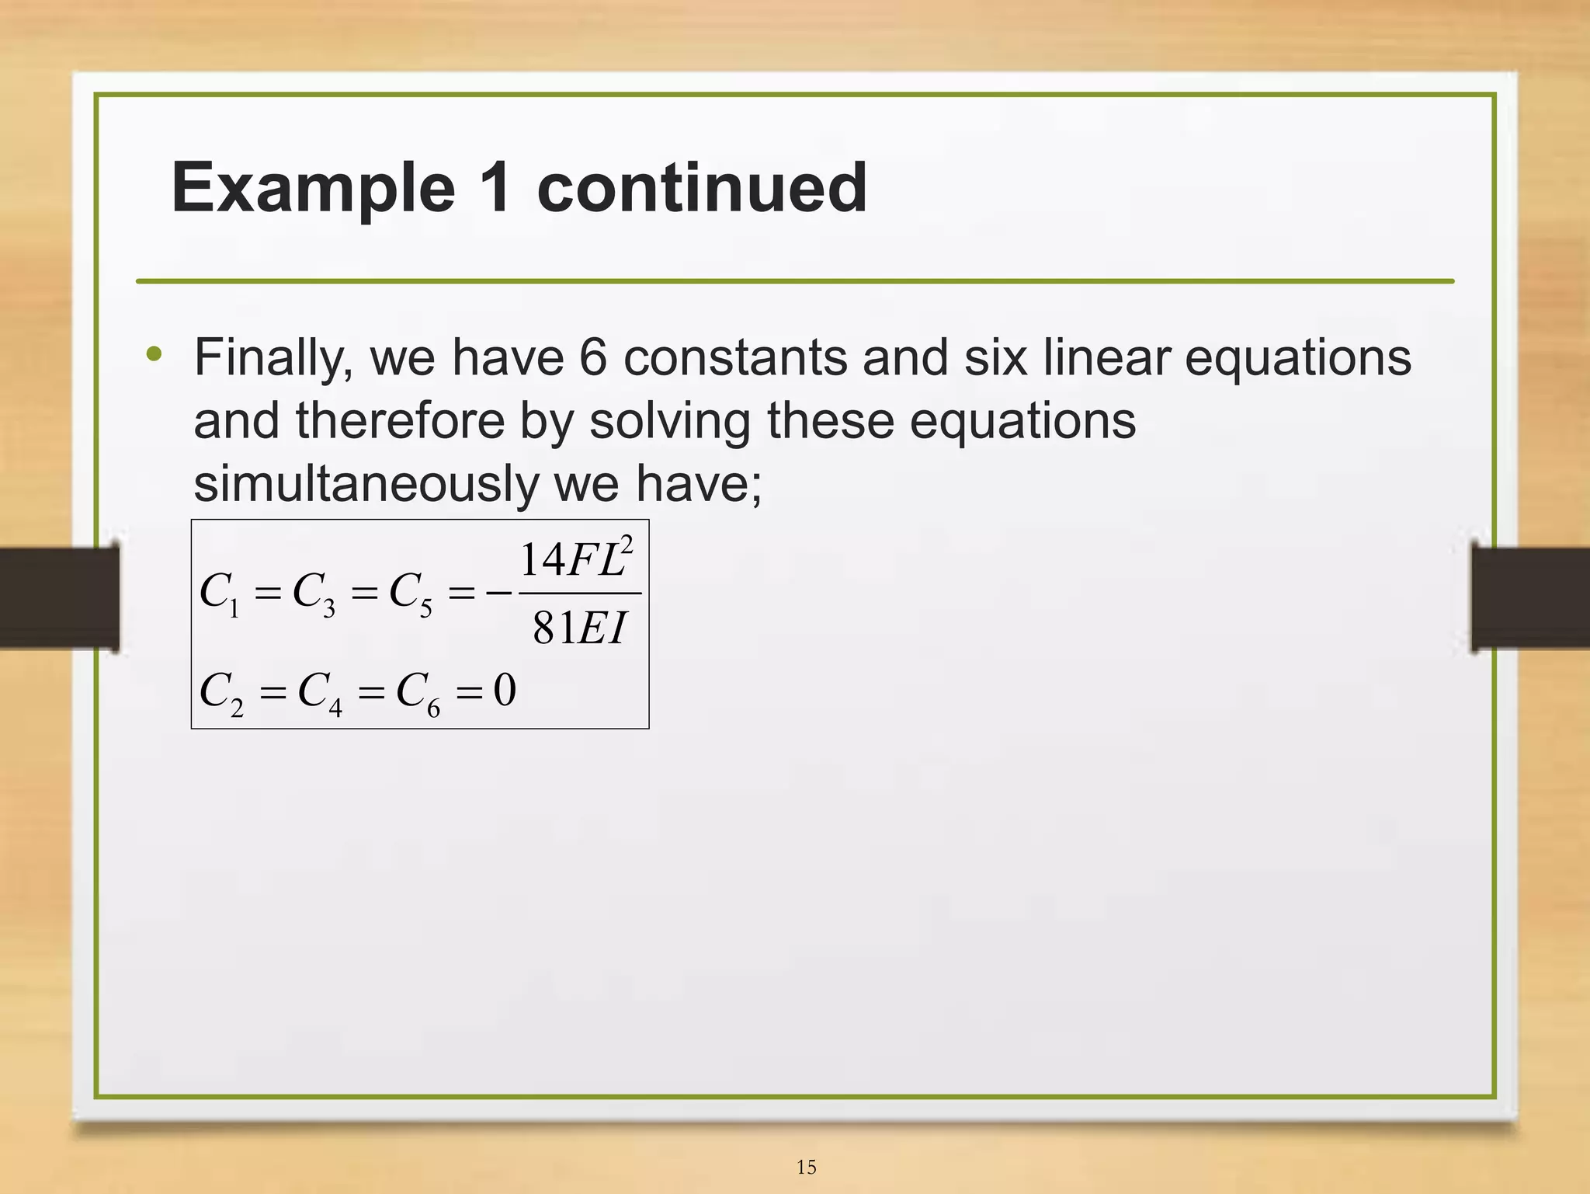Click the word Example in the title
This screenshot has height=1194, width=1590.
pos(313,188)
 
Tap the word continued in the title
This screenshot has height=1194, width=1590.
pos(702,188)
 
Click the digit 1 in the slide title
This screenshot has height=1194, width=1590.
pos(495,188)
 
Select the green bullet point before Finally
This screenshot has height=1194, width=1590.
pos(154,355)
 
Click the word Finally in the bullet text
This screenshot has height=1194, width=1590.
pos(273,359)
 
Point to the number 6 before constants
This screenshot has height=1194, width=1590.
pos(593,358)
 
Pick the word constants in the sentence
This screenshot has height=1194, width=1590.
pos(735,358)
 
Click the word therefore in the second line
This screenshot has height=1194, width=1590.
pos(400,421)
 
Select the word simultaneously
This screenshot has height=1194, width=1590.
pos(366,484)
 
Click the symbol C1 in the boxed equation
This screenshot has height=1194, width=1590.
pos(220,594)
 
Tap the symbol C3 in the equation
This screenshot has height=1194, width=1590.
pos(314,594)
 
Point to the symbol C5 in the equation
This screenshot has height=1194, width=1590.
pos(410,594)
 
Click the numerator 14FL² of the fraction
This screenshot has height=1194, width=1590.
pos(576,559)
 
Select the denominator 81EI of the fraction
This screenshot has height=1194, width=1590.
pos(579,628)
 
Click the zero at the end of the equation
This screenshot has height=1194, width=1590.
pos(505,690)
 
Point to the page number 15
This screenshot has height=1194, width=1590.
pos(806,1167)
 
